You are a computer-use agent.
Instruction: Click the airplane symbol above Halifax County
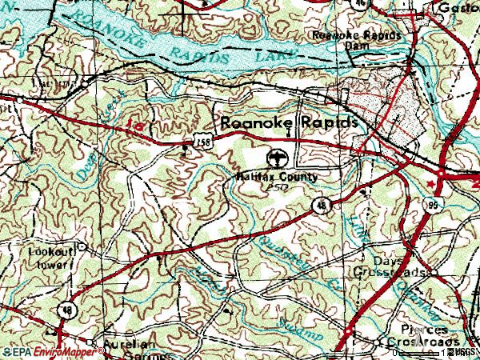point(278,156)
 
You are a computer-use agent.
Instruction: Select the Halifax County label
point(277,176)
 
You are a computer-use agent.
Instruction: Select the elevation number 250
point(278,186)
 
